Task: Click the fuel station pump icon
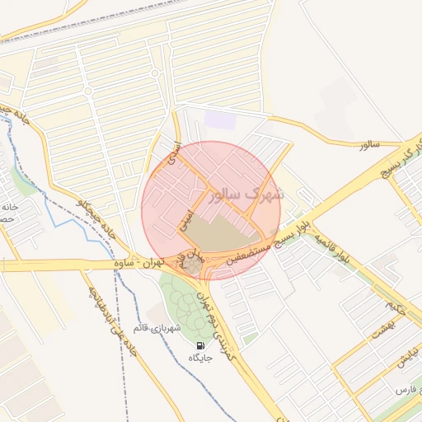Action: (200, 345)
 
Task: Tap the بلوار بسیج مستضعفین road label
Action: (262, 240)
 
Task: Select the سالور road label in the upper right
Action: (369, 144)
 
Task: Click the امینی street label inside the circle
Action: (189, 216)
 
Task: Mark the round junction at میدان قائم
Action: (192, 265)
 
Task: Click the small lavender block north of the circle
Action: (220, 120)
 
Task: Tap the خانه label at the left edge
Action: (9, 207)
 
